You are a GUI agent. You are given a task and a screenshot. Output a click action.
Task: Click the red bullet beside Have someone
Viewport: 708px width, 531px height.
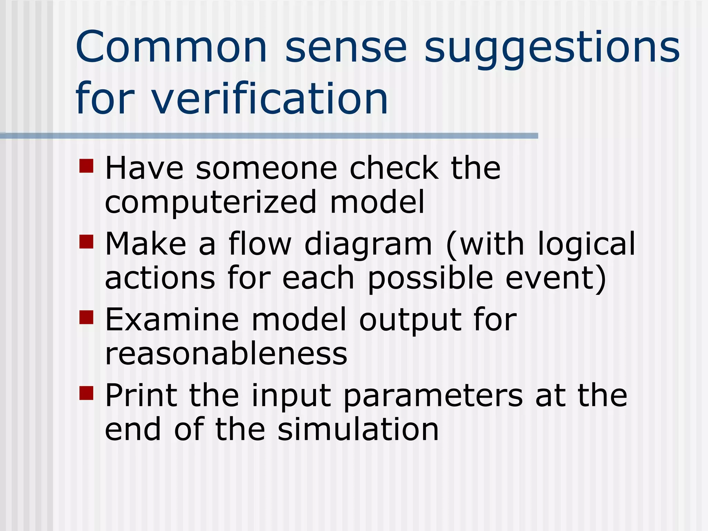coord(86,166)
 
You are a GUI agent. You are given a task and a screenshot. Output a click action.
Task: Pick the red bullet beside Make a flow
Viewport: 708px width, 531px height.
coord(86,242)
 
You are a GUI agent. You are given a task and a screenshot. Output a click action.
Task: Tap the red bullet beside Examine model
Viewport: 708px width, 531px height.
coord(86,317)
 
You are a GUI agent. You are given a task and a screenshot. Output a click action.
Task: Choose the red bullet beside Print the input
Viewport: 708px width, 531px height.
coord(86,393)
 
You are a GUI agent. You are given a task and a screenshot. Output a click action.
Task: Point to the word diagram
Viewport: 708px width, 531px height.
coord(368,245)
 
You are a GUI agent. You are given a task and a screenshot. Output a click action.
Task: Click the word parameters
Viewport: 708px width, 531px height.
coord(433,396)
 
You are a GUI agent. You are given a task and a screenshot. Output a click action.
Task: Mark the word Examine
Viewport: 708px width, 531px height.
coord(172,319)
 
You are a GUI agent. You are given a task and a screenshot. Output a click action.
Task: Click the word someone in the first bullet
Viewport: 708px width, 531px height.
coord(266,168)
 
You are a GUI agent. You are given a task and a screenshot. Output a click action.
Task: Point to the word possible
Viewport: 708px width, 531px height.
coord(430,279)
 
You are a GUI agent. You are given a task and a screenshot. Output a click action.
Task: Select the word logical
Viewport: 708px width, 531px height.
coord(586,245)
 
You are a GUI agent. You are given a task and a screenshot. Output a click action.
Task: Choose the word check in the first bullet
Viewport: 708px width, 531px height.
coord(394,168)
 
